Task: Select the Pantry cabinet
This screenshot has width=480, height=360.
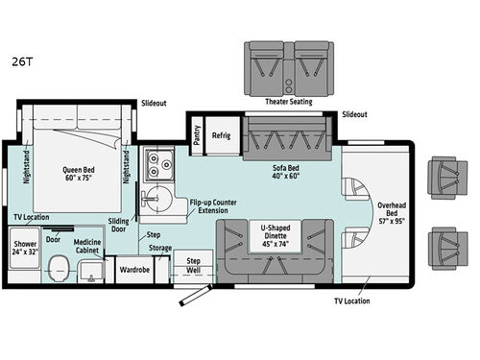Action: click(197, 134)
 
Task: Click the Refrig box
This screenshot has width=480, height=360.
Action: click(222, 135)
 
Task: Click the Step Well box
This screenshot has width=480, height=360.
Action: click(193, 265)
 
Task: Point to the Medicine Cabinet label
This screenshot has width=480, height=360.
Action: click(87, 245)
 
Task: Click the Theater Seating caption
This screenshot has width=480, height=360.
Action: click(287, 102)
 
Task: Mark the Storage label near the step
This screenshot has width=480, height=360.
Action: click(160, 248)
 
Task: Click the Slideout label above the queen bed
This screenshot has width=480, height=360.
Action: click(154, 102)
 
